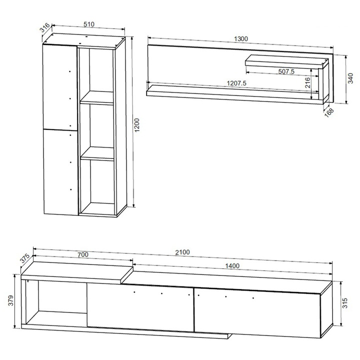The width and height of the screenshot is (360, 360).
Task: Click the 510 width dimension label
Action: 89,24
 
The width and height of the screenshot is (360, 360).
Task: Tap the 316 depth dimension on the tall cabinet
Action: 45,28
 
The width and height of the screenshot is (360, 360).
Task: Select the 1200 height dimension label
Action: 137,125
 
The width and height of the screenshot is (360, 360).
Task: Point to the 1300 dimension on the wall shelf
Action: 241,39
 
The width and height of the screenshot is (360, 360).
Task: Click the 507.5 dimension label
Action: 286,71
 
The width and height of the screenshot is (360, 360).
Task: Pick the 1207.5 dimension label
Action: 236,83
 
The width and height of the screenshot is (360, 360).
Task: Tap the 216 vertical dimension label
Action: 307,82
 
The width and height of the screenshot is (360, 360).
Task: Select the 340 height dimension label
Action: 350,78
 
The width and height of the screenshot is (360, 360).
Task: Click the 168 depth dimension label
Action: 329,112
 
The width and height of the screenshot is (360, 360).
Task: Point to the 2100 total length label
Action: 182,252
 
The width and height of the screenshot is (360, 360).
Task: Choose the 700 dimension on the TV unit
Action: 82,254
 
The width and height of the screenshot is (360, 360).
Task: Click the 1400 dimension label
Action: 232,266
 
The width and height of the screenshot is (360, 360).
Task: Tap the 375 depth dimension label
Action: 24,258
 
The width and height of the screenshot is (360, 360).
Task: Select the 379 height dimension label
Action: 11,300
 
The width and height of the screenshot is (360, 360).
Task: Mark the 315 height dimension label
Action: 344,303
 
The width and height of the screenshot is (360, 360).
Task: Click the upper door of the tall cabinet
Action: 60,87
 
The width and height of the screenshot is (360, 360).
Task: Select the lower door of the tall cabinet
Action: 61,172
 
